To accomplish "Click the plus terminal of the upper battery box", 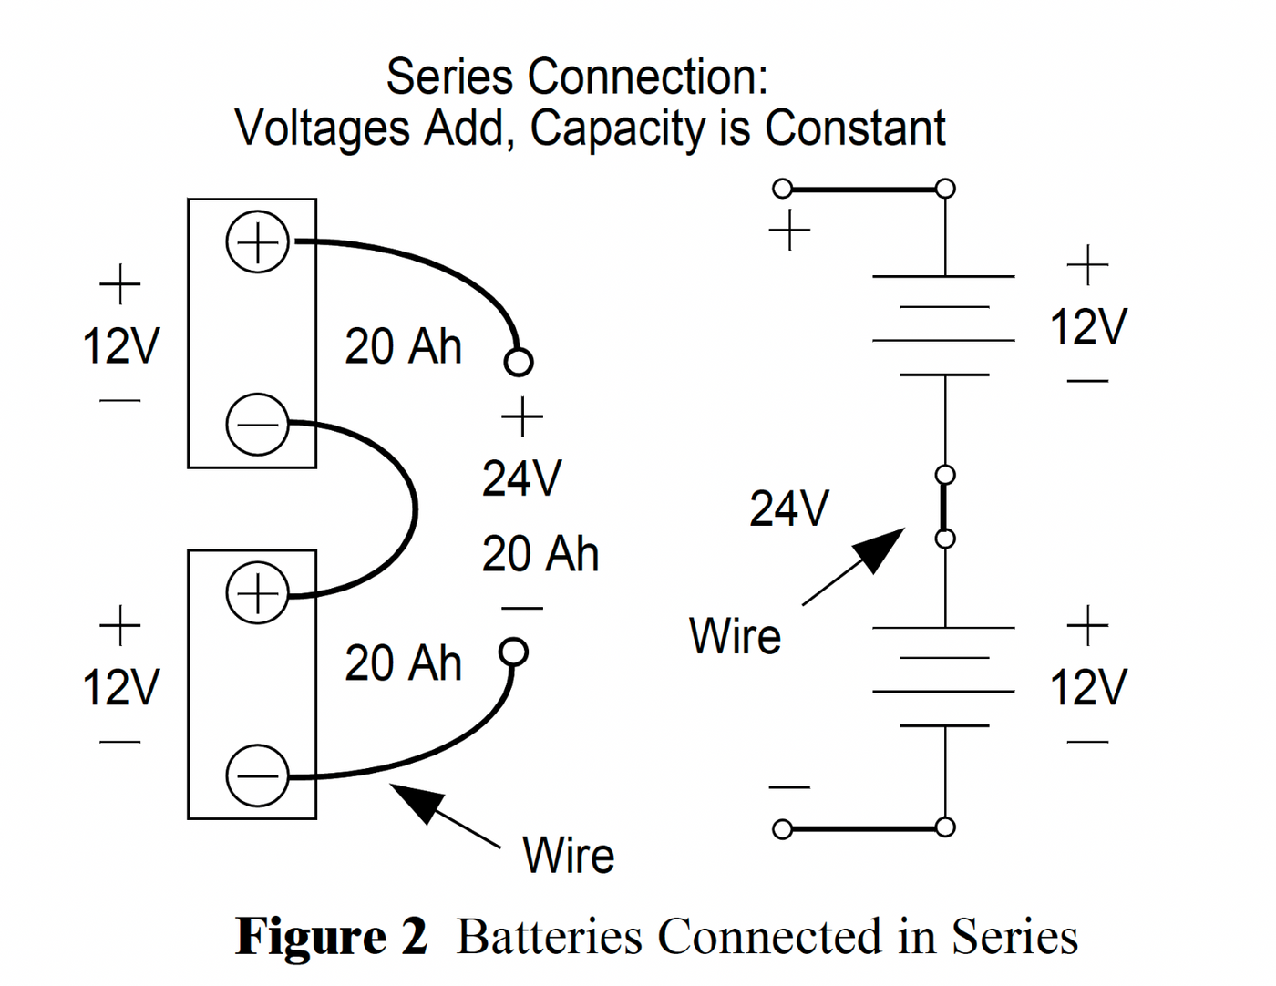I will tap(257, 242).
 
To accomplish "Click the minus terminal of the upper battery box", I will tap(257, 424).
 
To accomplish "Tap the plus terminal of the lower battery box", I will tap(257, 593).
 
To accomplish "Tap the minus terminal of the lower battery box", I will tap(257, 775).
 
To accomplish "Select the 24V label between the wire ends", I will tap(521, 478).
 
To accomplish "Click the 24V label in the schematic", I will tap(789, 508).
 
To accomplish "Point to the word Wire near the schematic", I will tap(735, 636).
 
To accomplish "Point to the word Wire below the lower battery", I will tap(568, 856).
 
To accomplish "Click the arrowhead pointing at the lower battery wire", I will tap(417, 800).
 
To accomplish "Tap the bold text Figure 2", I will tap(332, 937).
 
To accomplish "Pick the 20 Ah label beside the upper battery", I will tap(403, 347).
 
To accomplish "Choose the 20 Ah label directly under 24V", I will tap(540, 554).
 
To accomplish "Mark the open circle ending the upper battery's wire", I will tap(518, 362).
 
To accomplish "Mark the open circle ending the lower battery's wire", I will tap(513, 652).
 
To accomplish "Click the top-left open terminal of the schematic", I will tap(782, 189).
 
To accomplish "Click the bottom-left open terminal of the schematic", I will tap(782, 829).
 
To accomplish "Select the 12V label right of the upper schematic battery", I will tap(1087, 327).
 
